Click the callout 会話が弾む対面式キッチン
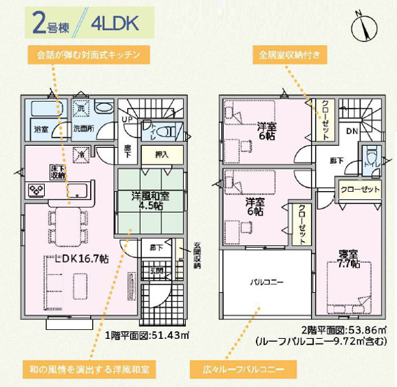(x=88, y=54)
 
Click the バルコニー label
(x=266, y=282)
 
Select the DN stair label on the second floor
(x=352, y=131)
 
